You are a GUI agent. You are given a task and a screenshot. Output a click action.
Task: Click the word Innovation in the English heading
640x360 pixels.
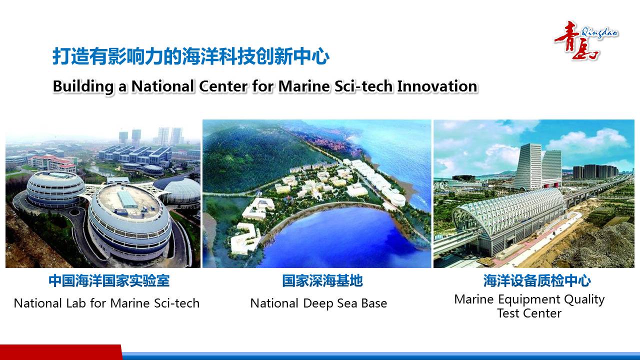coord(437,86)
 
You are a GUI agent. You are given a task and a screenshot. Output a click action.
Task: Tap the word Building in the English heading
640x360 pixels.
coord(83,87)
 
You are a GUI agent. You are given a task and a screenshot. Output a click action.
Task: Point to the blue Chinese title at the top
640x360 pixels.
coord(191,56)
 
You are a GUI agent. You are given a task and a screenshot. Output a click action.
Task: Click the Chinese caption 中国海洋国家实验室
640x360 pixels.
coord(109,280)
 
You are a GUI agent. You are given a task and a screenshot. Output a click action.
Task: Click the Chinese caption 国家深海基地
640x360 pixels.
coord(322,280)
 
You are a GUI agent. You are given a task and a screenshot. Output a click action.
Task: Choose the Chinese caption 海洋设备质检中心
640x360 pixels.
coord(537,280)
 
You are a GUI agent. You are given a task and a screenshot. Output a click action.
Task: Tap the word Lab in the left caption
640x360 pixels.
coord(76,303)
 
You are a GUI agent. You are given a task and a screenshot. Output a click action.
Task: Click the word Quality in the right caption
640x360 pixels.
coord(584,300)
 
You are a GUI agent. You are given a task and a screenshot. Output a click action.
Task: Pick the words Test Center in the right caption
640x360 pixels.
coord(529,313)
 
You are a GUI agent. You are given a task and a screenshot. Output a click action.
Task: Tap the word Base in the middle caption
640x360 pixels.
coord(374,303)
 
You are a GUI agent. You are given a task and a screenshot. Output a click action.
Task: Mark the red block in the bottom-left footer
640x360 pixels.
coord(61,352)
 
